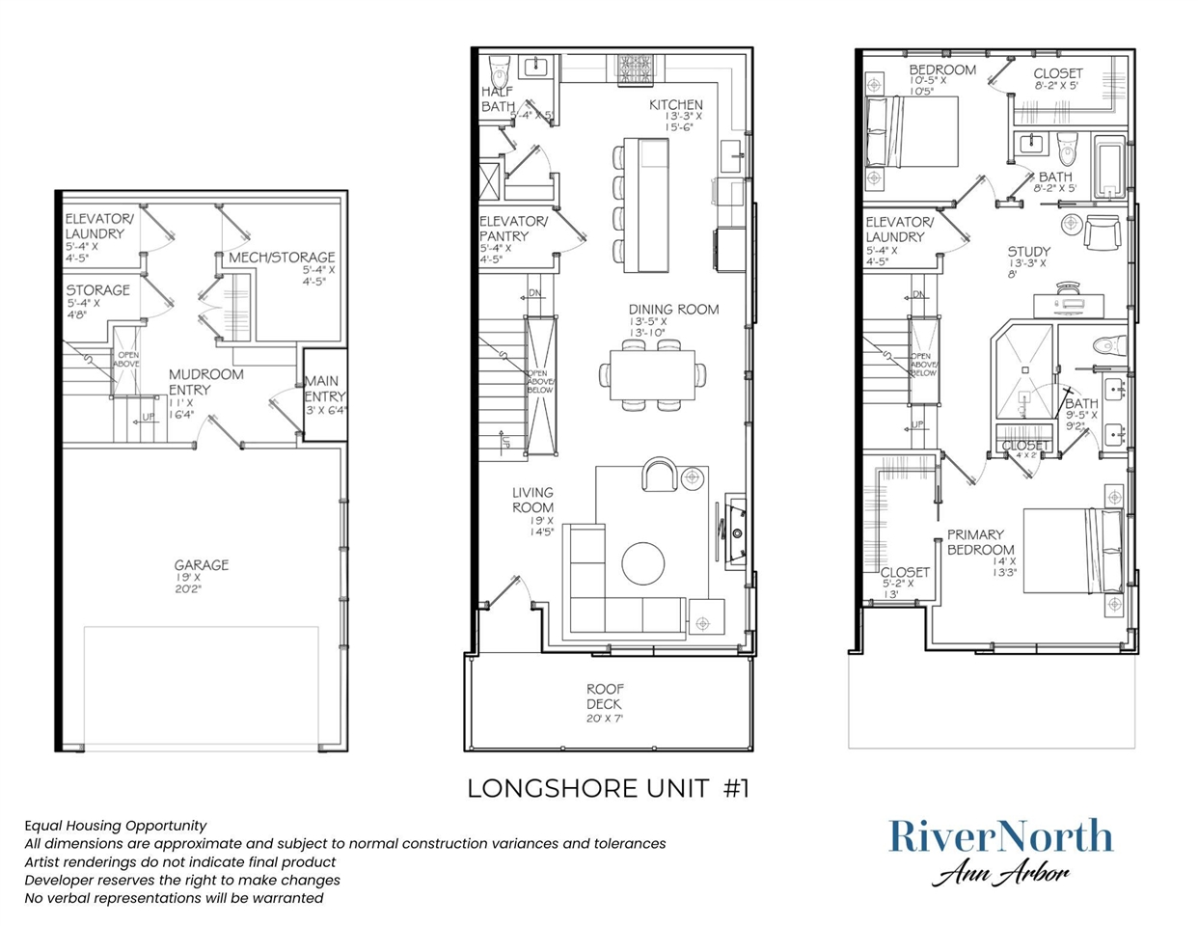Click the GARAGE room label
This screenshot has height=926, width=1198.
coord(201,565)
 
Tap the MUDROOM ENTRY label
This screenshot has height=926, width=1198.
coord(205,382)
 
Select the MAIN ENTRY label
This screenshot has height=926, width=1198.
coord(324,389)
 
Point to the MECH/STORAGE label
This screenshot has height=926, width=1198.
coord(282,258)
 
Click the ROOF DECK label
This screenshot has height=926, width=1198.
coord(605,696)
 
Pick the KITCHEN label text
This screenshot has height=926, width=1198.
coord(675,105)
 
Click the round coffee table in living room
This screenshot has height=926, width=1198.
coord(642,563)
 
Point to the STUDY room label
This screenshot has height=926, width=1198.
coord(1028,252)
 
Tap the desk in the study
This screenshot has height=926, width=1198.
coord(1071,305)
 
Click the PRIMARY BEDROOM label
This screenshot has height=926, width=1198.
coord(979,542)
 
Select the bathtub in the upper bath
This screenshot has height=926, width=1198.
coord(1110,167)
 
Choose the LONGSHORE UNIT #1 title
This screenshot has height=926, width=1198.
coord(608,788)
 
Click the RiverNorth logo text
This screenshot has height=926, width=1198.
coord(1000,836)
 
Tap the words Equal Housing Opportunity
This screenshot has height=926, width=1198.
coord(115,826)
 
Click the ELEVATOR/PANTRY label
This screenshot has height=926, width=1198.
coord(513,229)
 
